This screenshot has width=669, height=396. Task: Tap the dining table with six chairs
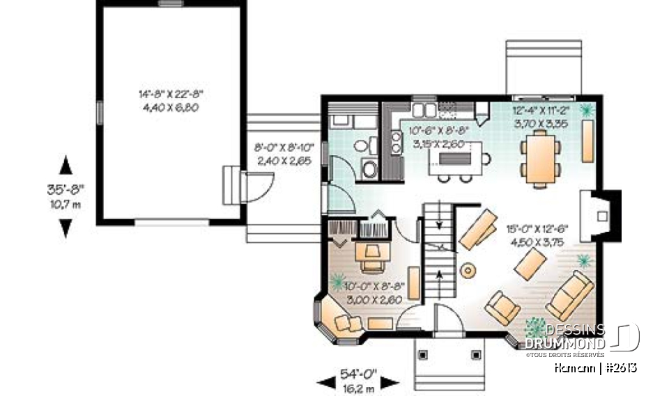click(540, 159)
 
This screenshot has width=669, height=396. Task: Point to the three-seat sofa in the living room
click(570, 295)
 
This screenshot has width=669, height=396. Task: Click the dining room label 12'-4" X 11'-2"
click(541, 110)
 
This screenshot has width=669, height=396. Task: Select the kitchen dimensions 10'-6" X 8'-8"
click(440, 130)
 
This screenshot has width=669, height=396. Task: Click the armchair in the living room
click(502, 308)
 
